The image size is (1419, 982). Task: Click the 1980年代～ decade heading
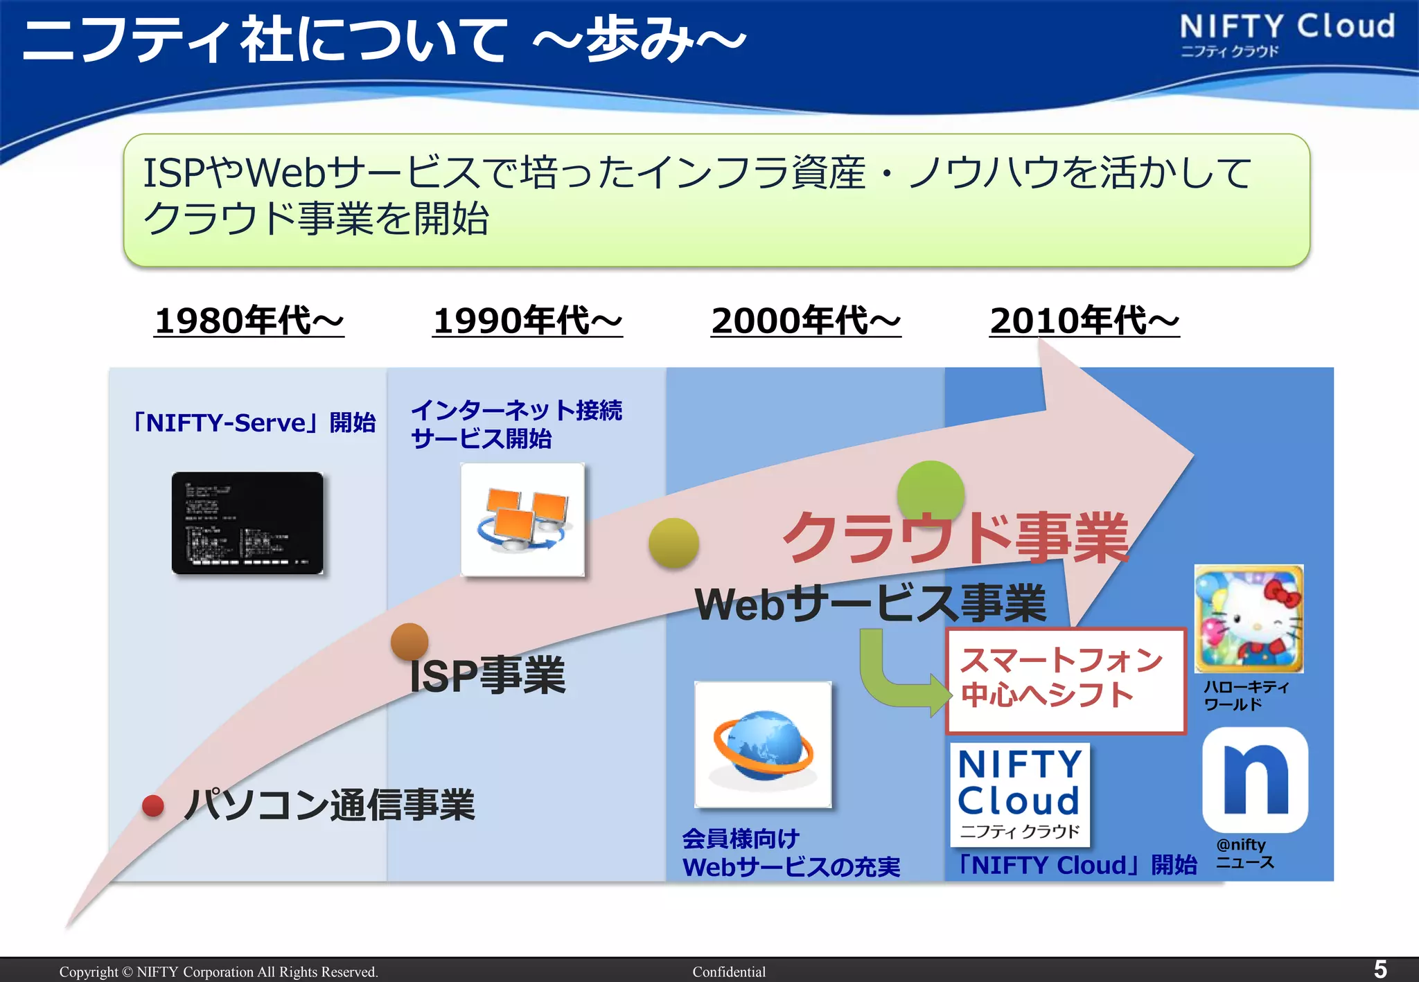[x=249, y=321]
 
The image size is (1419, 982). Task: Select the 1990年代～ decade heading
[x=527, y=321]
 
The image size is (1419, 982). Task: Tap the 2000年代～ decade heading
[x=806, y=321]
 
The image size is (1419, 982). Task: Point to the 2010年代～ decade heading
[x=1084, y=321]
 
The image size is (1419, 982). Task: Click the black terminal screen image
[x=247, y=523]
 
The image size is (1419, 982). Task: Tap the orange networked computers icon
[x=522, y=519]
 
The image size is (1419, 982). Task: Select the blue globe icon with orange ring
[x=763, y=744]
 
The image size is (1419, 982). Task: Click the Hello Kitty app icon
[x=1249, y=618]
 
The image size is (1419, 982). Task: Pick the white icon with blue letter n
[x=1255, y=780]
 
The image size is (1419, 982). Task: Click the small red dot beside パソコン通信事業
[x=153, y=805]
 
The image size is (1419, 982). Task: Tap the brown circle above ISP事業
[x=409, y=641]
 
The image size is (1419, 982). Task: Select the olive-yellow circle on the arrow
[x=673, y=543]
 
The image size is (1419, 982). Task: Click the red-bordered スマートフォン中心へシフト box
[x=1066, y=680]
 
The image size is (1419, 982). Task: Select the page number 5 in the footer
[x=1380, y=969]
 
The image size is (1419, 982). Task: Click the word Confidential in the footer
[x=729, y=972]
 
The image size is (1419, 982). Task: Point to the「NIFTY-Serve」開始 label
[x=254, y=422]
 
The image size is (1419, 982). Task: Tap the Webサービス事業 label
[x=870, y=603]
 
